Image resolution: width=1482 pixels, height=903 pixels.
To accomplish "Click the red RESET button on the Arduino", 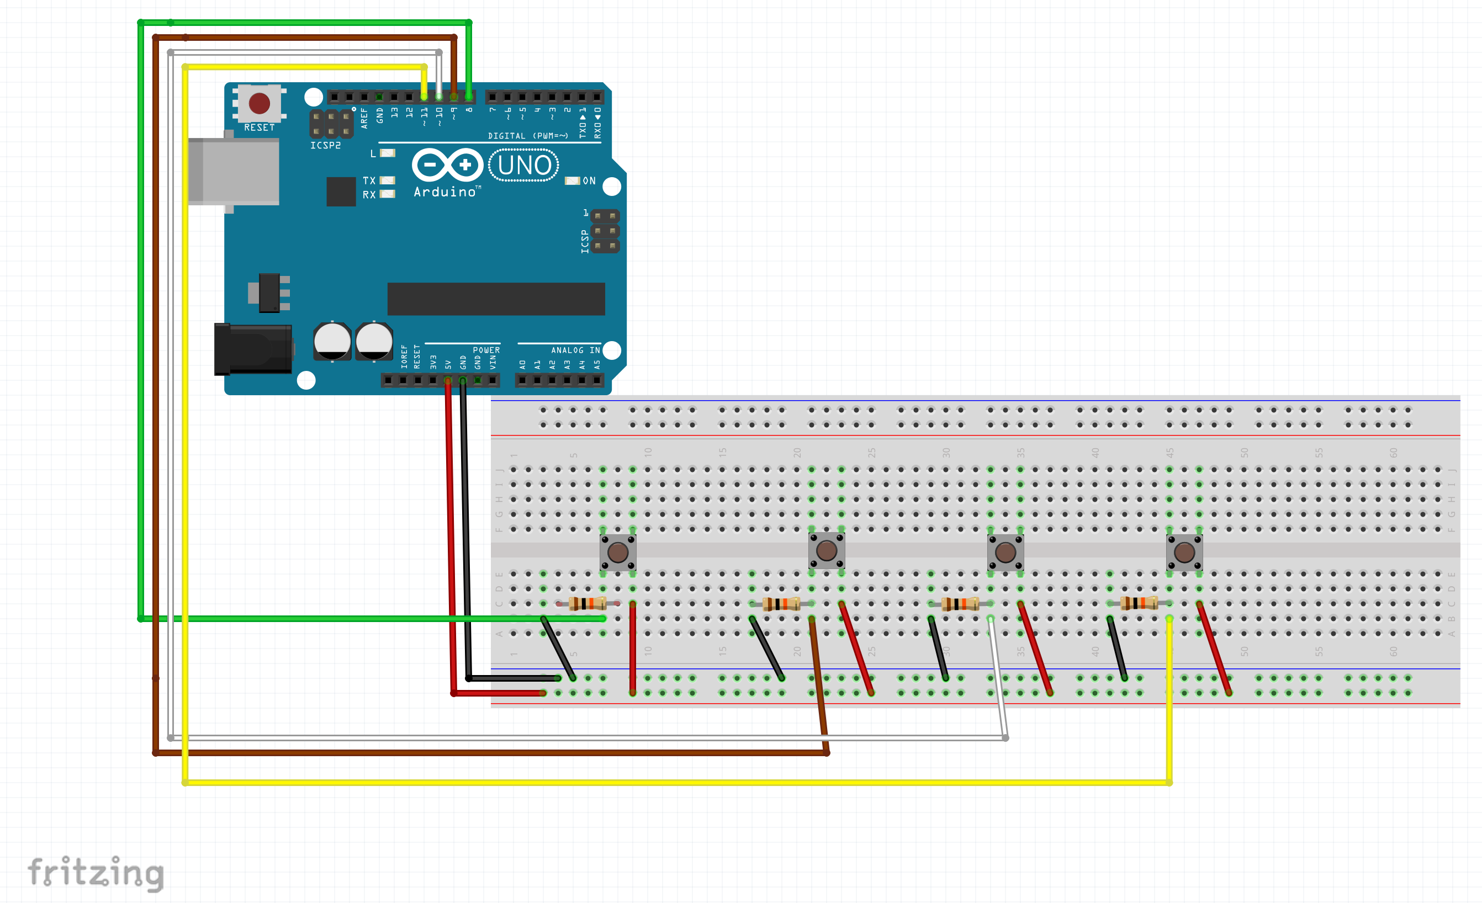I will click(x=259, y=103).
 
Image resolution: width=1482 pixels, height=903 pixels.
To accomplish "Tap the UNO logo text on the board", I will click(x=524, y=166).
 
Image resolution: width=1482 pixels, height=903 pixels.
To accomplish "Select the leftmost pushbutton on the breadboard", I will click(x=618, y=552).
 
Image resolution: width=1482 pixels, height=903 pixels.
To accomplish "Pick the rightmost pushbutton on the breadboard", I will click(x=1184, y=552).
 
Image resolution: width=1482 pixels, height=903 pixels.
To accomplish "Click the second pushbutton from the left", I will click(x=827, y=550).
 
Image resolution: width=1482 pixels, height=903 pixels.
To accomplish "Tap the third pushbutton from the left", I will click(x=1005, y=552).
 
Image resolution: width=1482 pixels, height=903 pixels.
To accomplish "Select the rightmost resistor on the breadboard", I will click(x=1139, y=603).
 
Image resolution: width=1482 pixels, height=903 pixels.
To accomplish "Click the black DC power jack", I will click(x=253, y=349).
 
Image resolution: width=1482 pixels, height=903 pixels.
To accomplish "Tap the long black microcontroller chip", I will click(x=496, y=299).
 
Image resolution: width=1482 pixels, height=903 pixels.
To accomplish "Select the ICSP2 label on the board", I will click(x=325, y=146).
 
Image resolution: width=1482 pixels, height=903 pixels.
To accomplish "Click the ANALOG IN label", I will click(x=575, y=350).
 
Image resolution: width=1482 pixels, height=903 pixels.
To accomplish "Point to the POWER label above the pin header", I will click(x=486, y=350).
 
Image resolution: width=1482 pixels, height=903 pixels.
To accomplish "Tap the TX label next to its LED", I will click(x=369, y=180).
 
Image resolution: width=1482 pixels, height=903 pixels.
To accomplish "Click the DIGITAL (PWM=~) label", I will click(x=527, y=136).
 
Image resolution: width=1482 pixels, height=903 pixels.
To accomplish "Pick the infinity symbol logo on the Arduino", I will click(x=447, y=164).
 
